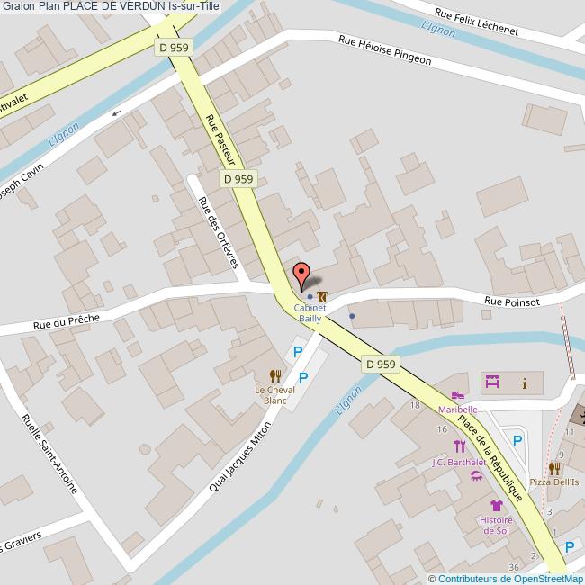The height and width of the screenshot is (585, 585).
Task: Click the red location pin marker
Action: click(x=301, y=274)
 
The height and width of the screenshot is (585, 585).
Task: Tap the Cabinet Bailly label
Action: click(x=309, y=312)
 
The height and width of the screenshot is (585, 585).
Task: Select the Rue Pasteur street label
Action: click(x=220, y=139)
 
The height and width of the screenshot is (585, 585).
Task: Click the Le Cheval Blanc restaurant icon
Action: click(x=275, y=375)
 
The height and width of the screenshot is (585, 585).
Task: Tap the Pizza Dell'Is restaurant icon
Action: click(x=554, y=468)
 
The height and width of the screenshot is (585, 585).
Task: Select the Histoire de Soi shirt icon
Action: click(x=496, y=505)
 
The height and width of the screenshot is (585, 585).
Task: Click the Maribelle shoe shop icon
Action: click(x=458, y=396)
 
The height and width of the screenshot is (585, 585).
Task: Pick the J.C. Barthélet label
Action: click(x=458, y=463)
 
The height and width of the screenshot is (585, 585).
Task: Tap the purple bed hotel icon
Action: click(x=491, y=382)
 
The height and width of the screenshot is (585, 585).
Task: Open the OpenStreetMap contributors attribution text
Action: click(x=506, y=579)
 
